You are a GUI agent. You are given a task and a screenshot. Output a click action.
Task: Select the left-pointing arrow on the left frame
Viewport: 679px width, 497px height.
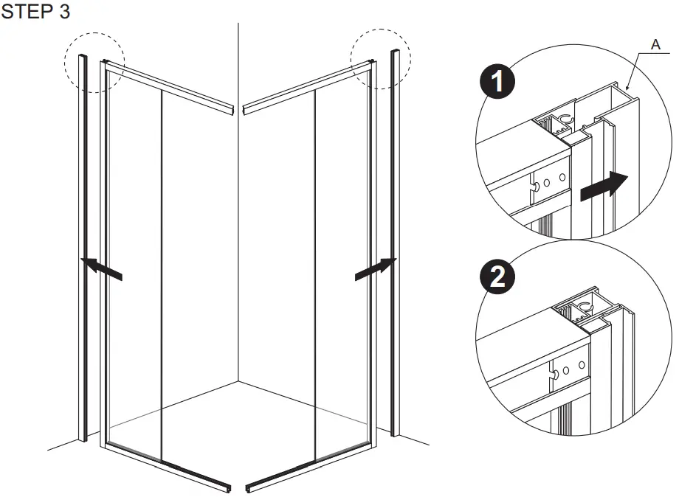(102, 268)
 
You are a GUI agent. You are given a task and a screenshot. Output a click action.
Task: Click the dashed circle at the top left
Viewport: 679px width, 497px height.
(94, 61)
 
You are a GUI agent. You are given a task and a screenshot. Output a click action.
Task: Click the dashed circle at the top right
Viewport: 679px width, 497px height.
(380, 59)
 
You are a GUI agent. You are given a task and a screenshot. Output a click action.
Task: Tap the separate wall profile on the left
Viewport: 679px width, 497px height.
(83, 251)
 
